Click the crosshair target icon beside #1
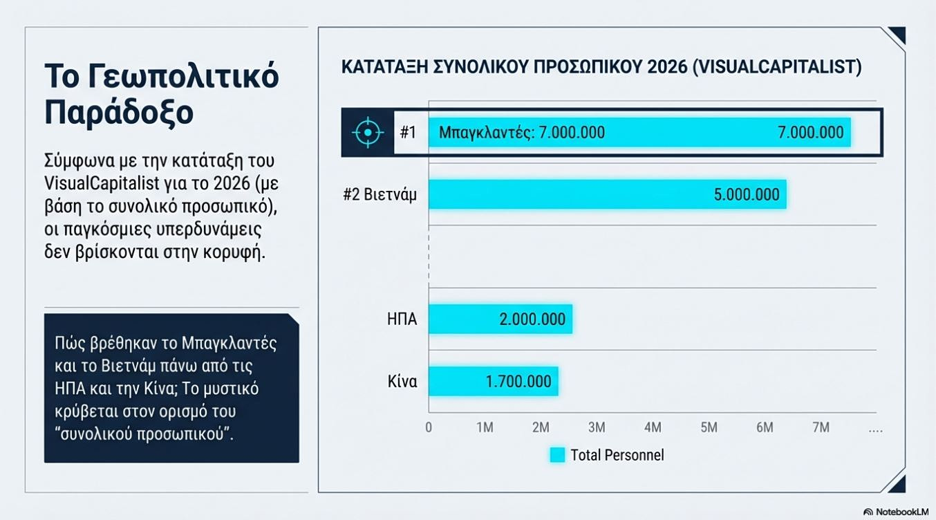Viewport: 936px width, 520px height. click(368, 132)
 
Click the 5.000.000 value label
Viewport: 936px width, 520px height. click(746, 195)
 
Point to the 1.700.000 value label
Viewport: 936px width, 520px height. click(518, 382)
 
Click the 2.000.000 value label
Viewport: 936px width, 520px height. click(532, 319)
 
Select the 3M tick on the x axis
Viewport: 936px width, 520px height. click(597, 427)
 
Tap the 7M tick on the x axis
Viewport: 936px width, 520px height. click(821, 427)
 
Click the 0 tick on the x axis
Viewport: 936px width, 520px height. click(429, 427)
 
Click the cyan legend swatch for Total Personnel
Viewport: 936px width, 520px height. click(557, 454)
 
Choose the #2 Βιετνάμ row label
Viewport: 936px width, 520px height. click(380, 194)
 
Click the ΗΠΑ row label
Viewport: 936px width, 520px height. click(402, 319)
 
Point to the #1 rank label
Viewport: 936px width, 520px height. click(408, 132)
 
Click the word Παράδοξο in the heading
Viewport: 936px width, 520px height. click(118, 113)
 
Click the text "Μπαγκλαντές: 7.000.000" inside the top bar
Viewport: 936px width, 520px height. click(522, 132)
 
